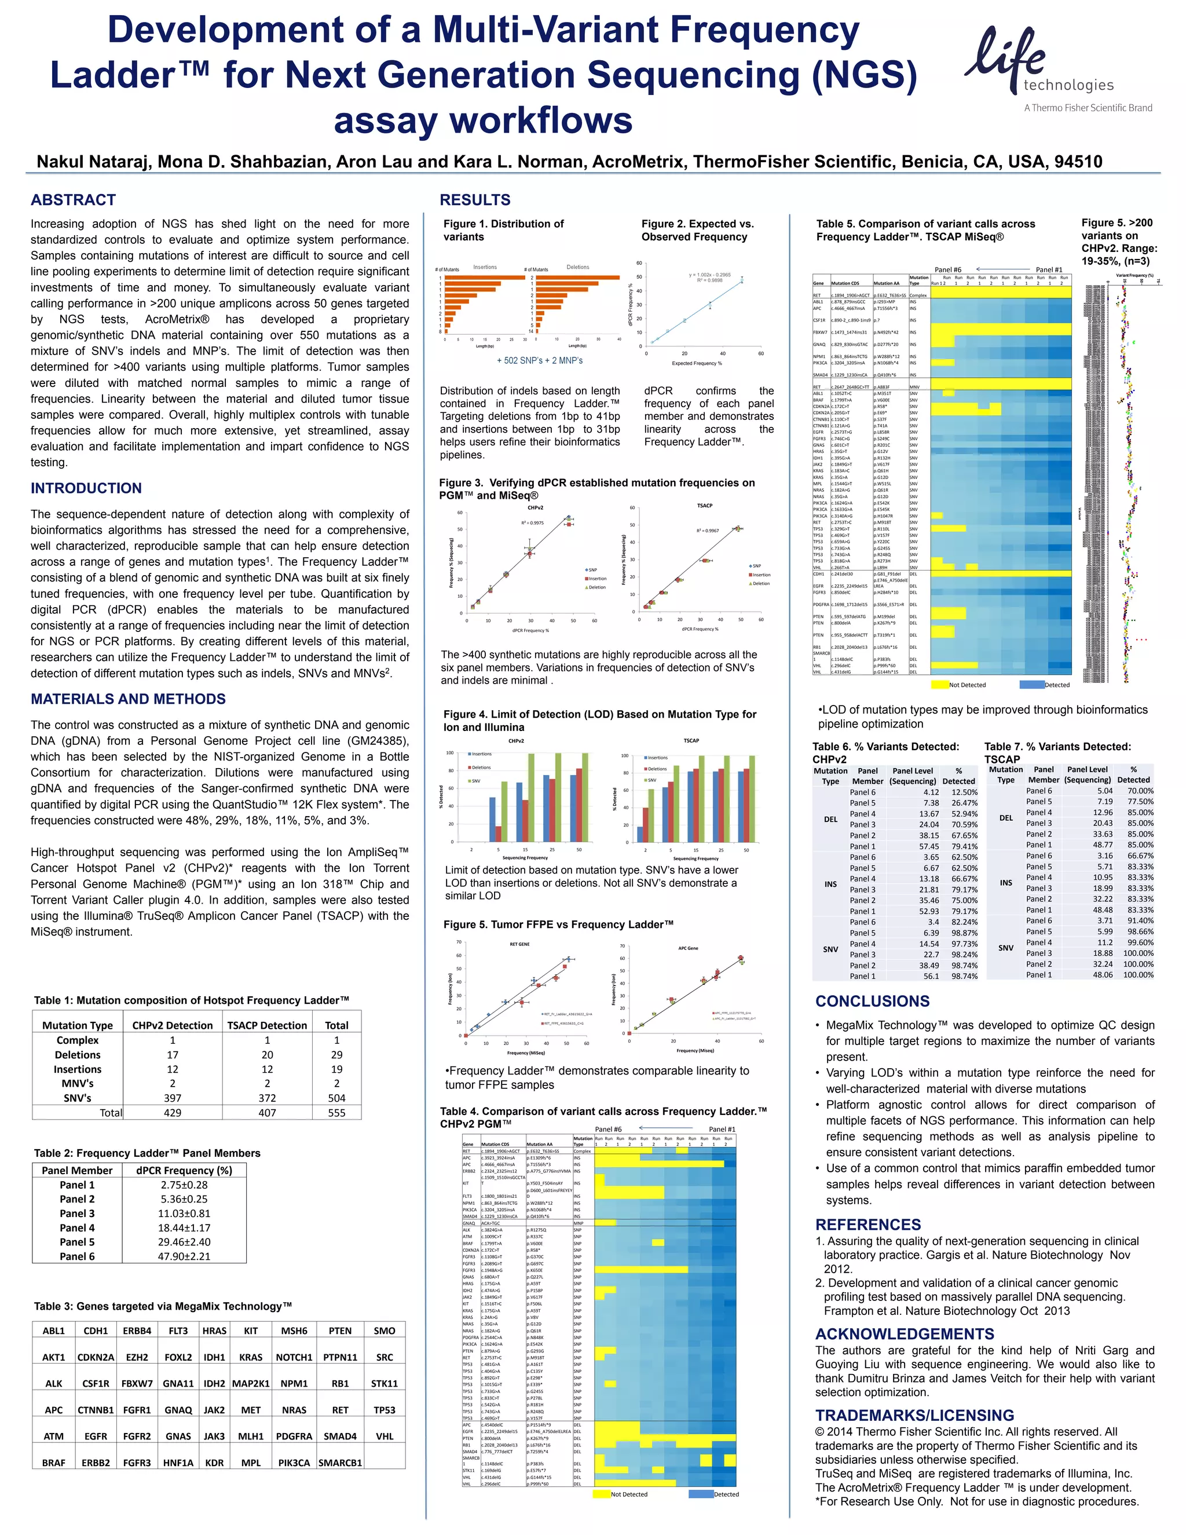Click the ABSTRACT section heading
(73, 200)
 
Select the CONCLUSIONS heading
(872, 1002)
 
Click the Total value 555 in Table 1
(336, 1113)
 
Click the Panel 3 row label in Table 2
(77, 1213)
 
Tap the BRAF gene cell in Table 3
(53, 1463)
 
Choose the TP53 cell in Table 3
(385, 1410)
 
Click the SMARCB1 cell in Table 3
(340, 1463)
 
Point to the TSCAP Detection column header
(267, 1025)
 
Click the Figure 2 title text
(697, 230)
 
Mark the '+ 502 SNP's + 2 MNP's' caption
(540, 360)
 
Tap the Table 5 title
(925, 230)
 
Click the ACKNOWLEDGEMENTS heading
(904, 1334)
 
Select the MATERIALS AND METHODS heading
(128, 699)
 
